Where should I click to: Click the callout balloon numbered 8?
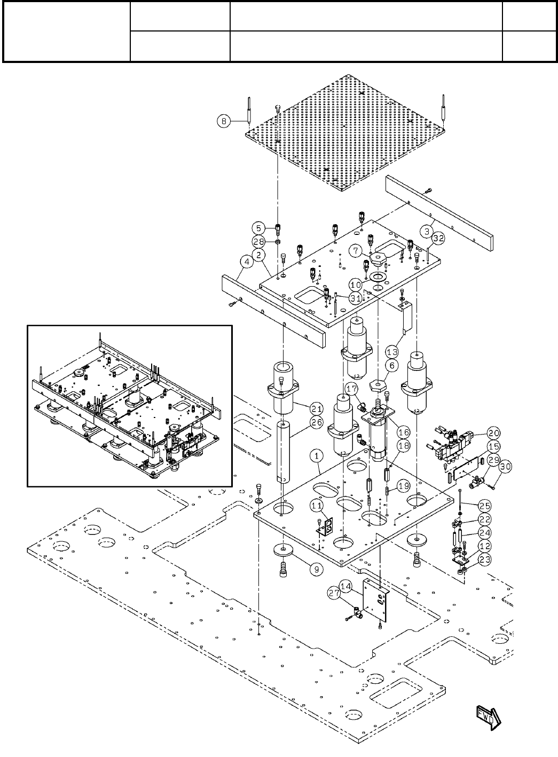pos(224,121)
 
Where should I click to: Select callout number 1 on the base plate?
pos(317,456)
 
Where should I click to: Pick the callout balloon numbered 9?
pos(316,569)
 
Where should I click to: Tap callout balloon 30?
pos(506,466)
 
